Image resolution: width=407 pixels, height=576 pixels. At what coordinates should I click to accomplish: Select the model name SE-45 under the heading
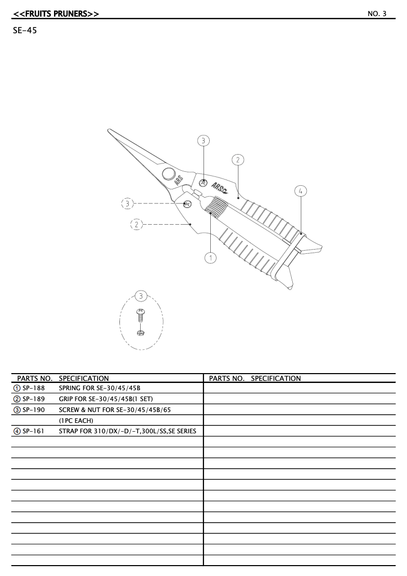pyautogui.click(x=24, y=32)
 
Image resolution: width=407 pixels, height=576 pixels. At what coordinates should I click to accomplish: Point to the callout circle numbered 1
pyautogui.click(x=211, y=257)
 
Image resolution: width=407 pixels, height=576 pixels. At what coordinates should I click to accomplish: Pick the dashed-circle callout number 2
pyautogui.click(x=137, y=225)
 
